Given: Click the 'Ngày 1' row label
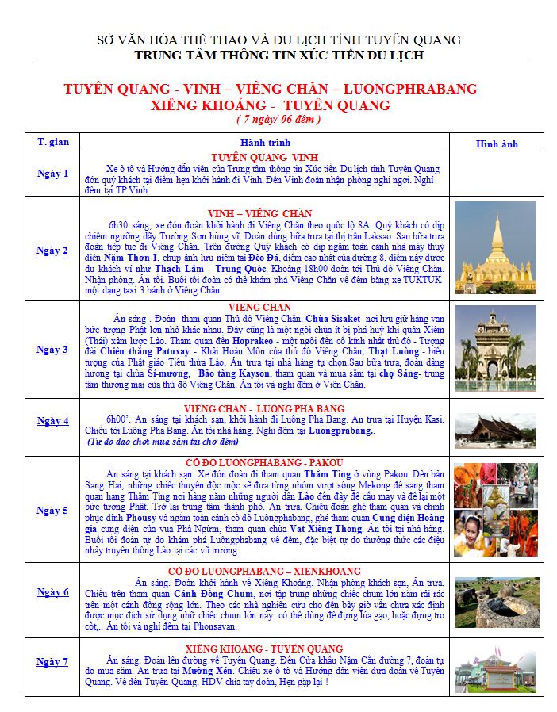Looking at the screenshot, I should point(52,174).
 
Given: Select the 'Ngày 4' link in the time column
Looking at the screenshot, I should point(52,421).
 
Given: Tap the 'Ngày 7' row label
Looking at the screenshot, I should point(52,660).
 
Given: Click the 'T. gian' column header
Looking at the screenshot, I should point(52,142).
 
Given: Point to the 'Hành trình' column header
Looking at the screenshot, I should point(263,142).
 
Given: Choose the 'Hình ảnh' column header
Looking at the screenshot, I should point(497,144).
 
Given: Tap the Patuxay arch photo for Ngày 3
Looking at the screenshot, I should point(496,349).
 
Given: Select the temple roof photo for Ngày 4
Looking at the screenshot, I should point(496,427).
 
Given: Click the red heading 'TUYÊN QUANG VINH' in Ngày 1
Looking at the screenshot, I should point(264,157).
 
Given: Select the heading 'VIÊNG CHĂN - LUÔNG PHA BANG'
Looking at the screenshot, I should point(264,408).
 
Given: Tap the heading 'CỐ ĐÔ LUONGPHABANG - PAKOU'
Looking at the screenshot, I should point(264,462).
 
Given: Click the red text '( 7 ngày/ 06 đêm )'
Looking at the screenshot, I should point(278,120).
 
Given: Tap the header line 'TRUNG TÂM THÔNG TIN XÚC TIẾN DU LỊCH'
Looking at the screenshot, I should point(278,55).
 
